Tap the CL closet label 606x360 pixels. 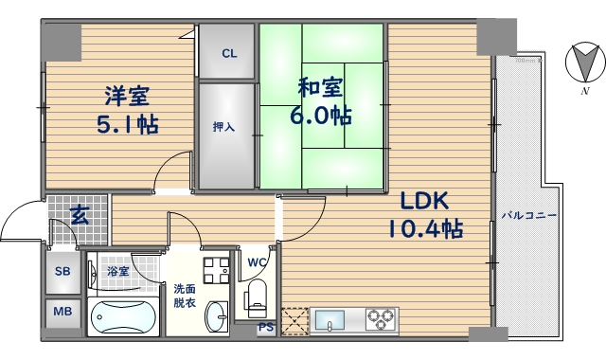tap(228, 53)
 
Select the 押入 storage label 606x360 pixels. tap(223, 126)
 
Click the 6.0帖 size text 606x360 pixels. tap(320, 116)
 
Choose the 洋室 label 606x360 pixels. tap(126, 97)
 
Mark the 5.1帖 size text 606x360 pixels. tap(126, 124)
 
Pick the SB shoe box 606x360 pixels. tap(62, 272)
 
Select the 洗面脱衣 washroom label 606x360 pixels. tap(185, 296)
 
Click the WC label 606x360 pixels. tap(257, 262)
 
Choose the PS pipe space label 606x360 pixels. tap(266, 329)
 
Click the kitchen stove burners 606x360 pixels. tap(383, 318)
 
